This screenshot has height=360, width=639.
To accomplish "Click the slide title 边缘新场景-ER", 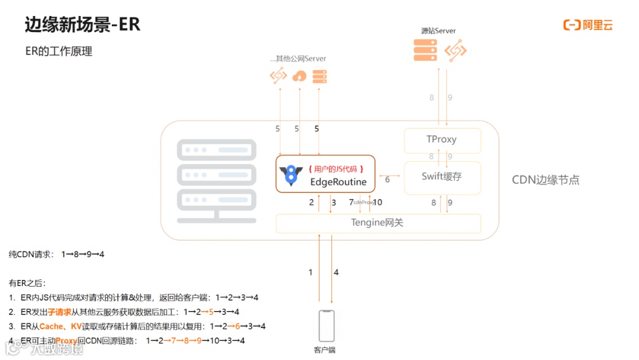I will pyautogui.click(x=82, y=24).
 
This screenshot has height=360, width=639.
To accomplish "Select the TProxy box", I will pyautogui.click(x=442, y=140).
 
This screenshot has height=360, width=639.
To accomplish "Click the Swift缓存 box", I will pyautogui.click(x=442, y=176).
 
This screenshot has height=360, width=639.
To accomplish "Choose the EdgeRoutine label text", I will pyautogui.click(x=338, y=182).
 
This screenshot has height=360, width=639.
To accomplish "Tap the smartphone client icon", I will pyautogui.click(x=326, y=326).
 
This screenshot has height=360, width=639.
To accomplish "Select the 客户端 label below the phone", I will pyautogui.click(x=325, y=350).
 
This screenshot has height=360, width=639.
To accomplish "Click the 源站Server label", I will pyautogui.click(x=438, y=31).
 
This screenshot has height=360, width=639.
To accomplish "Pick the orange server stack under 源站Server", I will pyautogui.click(x=425, y=50).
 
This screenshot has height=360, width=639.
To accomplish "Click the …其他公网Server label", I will pyautogui.click(x=298, y=59).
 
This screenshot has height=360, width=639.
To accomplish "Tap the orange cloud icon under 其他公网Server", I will pyautogui.click(x=299, y=76).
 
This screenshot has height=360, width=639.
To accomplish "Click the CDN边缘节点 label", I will pyautogui.click(x=546, y=180).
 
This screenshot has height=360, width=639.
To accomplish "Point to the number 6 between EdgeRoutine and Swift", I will pyautogui.click(x=388, y=179).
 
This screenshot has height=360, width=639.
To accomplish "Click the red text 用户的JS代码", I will pyautogui.click(x=335, y=169).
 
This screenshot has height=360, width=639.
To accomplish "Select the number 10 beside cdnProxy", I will pyautogui.click(x=377, y=202).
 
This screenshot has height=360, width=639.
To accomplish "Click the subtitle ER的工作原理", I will pyautogui.click(x=59, y=52).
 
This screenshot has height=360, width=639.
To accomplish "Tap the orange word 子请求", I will pyautogui.click(x=59, y=311).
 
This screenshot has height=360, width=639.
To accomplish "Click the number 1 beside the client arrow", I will pyautogui.click(x=311, y=272).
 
